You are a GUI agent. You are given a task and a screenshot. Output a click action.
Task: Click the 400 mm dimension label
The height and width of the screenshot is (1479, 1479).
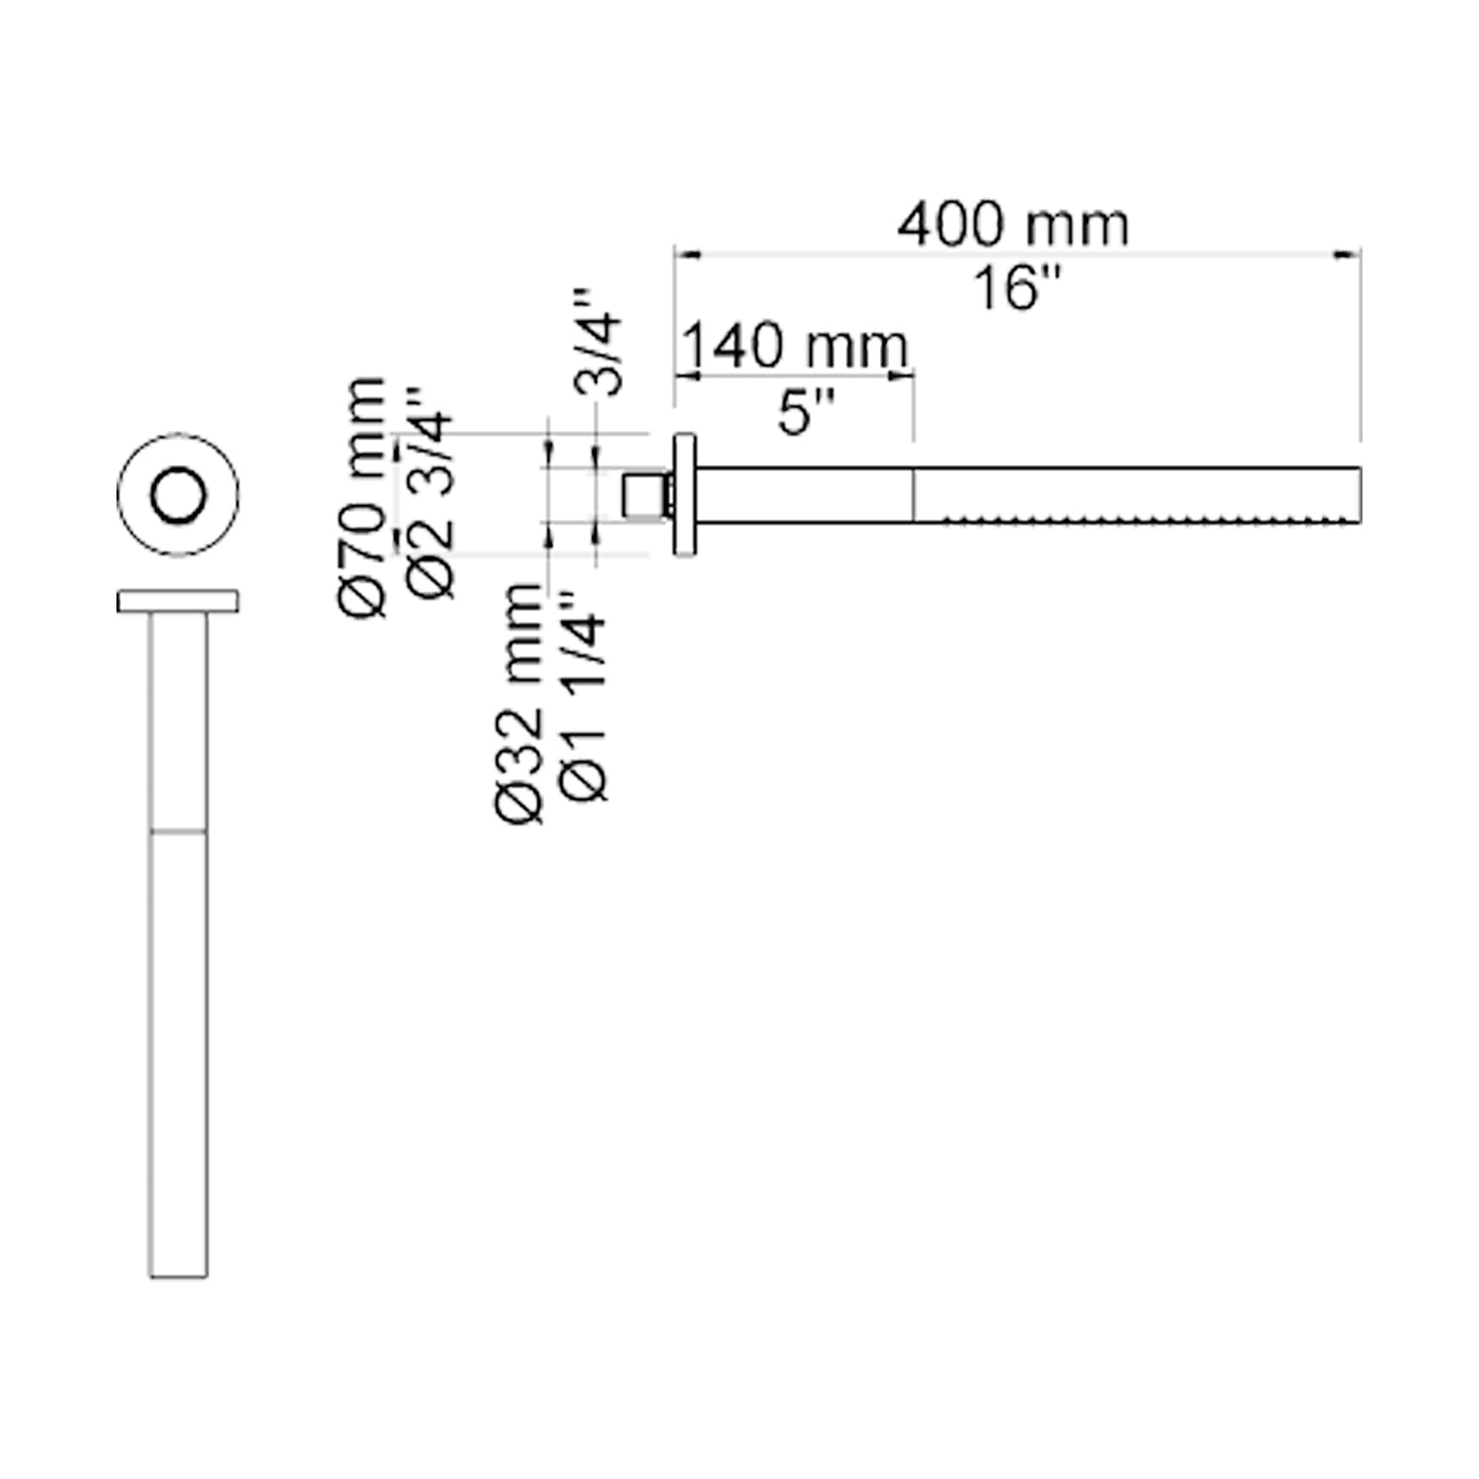click(1013, 225)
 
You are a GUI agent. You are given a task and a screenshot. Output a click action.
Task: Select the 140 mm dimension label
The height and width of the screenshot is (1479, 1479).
click(796, 346)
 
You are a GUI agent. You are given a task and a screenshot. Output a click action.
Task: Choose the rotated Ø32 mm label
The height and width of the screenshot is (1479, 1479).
click(519, 703)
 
